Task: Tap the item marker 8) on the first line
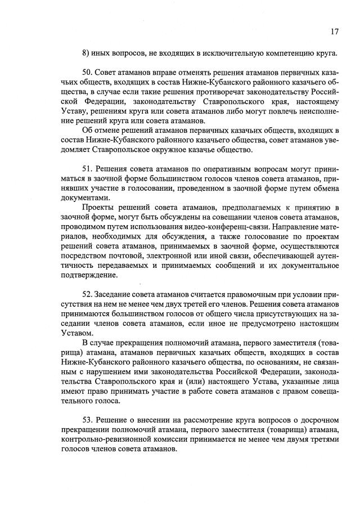tap(86, 54)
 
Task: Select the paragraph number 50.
tap(87, 74)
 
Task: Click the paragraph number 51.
tap(87, 168)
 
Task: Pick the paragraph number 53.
tap(87, 421)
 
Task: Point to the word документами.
tap(82, 199)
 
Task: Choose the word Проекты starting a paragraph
tap(98, 209)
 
